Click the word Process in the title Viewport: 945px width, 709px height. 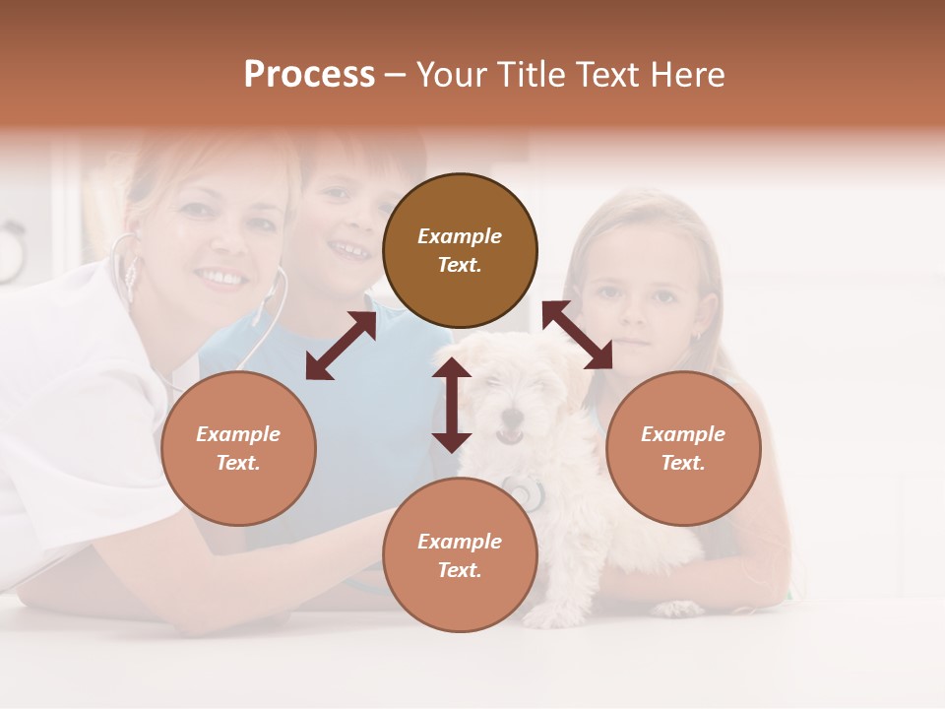point(309,75)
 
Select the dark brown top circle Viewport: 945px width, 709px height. point(460,250)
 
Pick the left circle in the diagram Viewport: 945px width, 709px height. point(238,448)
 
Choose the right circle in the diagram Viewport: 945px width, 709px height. point(683,448)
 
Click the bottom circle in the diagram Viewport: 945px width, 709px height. point(460,555)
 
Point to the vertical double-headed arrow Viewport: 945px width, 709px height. point(452,405)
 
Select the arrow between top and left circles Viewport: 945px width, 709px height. point(341,346)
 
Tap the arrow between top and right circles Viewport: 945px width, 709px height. point(578,336)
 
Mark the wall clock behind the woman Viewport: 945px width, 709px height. point(10,251)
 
